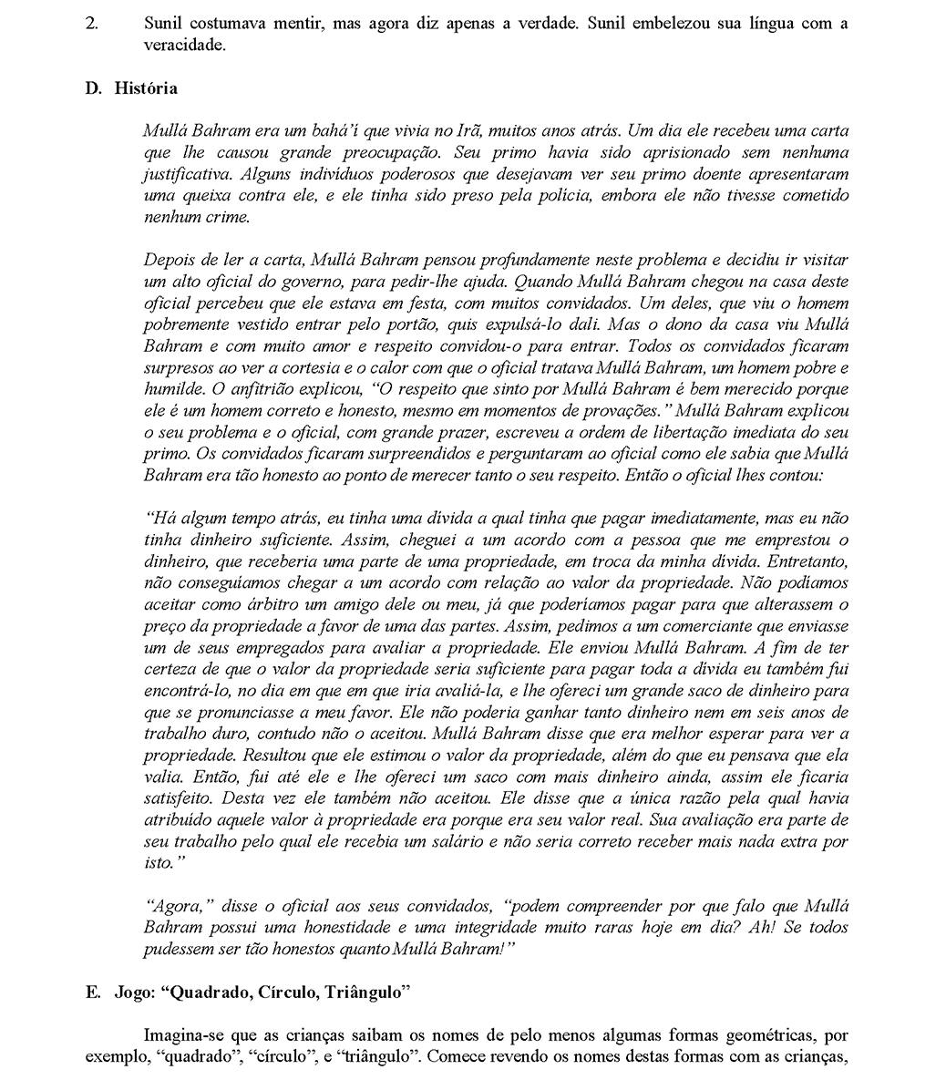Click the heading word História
pos(146,88)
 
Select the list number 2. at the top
pos(91,24)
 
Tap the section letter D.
pos(93,88)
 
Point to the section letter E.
pos(93,993)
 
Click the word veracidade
pos(183,45)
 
